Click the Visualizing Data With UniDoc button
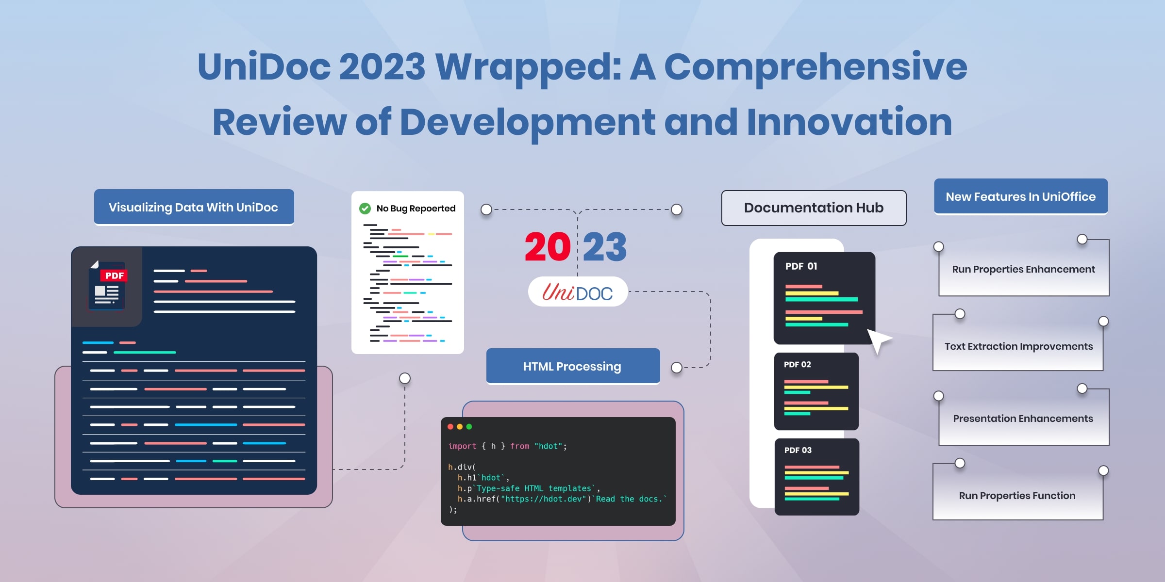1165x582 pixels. coord(194,207)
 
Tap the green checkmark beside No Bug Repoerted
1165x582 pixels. coord(365,209)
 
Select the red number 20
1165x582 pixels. coord(548,247)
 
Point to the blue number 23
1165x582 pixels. coord(605,247)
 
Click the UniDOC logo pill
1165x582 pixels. coord(578,292)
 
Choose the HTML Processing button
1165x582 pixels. coord(573,366)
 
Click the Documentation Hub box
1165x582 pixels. coord(814,208)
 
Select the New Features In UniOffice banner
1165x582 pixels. coord(1020,196)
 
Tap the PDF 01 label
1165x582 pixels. coord(801,266)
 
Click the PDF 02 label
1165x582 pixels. coord(797,364)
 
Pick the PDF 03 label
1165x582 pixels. coord(798,450)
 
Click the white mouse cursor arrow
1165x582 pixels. coord(878,340)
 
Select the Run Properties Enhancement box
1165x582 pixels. coord(1023,269)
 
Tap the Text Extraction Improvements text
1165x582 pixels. coord(1018,346)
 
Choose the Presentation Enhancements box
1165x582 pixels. coord(1023,419)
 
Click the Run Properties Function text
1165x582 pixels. coord(1017,496)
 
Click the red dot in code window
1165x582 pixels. coord(450,427)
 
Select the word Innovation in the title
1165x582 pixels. coord(849,122)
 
